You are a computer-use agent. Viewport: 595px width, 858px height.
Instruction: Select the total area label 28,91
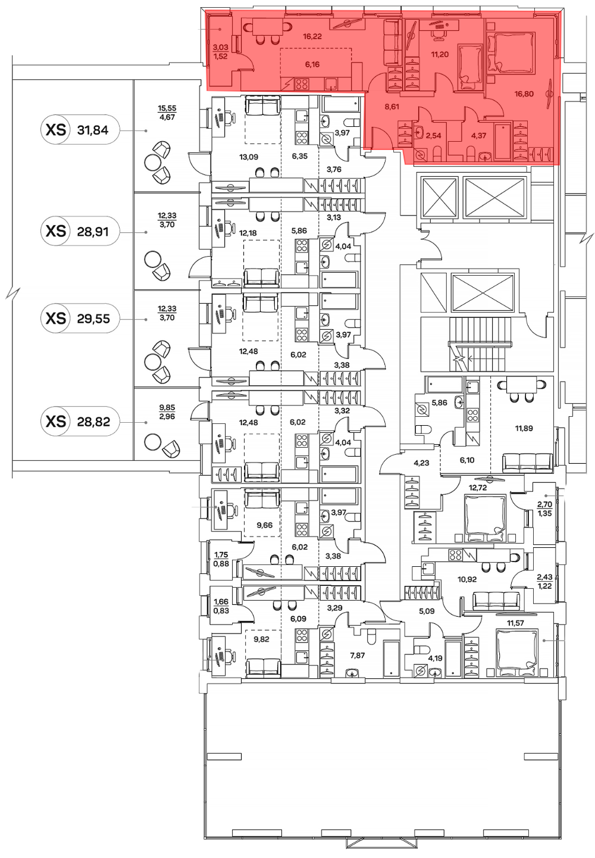pos(93,231)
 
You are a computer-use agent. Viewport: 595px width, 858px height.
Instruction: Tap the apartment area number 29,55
pos(93,319)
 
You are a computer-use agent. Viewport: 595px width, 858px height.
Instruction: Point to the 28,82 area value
pos(93,422)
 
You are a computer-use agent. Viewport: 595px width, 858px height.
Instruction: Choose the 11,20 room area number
pos(440,54)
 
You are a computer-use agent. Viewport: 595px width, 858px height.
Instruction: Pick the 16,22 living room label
pos(312,36)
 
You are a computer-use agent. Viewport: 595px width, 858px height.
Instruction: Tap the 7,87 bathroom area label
pos(358,656)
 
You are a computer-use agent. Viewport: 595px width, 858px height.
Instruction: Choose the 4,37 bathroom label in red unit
pos(475,135)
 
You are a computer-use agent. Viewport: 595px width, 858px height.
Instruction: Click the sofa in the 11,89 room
pos(527,462)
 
